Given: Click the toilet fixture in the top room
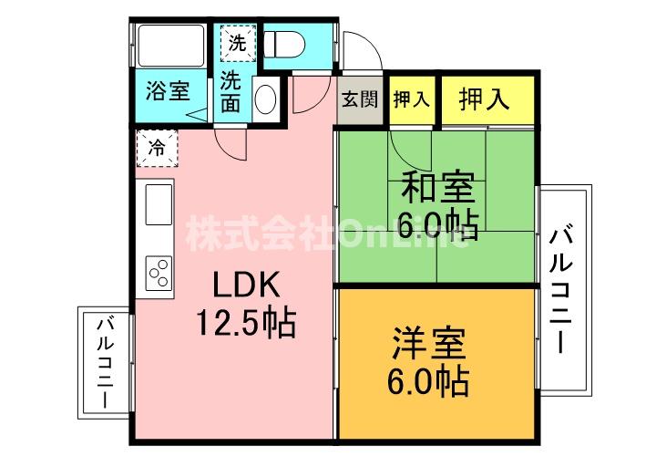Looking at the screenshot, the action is [284, 45].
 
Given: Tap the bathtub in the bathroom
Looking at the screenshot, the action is [170, 46].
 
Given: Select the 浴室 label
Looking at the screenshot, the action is [168, 90].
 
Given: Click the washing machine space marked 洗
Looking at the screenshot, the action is [238, 43].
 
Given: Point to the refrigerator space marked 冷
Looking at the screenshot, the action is [158, 148].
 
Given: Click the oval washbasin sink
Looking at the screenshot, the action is [266, 99].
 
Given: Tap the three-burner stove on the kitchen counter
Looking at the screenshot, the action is [159, 273].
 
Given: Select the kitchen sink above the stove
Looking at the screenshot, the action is [159, 204].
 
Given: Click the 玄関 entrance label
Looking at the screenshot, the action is [360, 99].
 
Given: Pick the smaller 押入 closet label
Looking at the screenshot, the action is [412, 99].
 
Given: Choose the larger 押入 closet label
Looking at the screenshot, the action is [484, 99].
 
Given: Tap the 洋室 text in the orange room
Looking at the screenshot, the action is [429, 344].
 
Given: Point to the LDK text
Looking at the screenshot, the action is [246, 285].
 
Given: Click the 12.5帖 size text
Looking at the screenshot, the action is [246, 323].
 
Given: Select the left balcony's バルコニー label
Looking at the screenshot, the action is [105, 363].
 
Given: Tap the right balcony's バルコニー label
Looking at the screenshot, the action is [560, 291].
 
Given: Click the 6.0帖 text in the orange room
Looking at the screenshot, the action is [427, 382].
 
